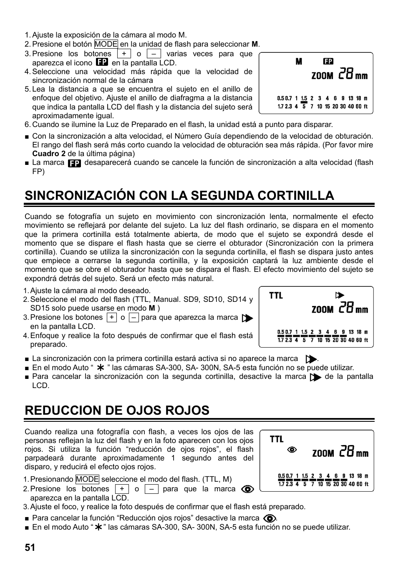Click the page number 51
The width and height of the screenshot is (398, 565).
click(x=30, y=548)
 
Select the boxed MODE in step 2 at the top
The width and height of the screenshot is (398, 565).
click(x=106, y=44)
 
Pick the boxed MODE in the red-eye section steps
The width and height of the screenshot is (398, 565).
click(x=87, y=479)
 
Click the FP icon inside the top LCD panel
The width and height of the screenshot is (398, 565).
click(x=328, y=62)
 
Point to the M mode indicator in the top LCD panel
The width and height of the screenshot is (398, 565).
click(x=299, y=62)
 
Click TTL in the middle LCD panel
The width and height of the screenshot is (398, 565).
click(x=276, y=296)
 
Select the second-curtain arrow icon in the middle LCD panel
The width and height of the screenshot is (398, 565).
click(x=340, y=296)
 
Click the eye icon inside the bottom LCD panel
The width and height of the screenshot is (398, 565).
click(x=292, y=450)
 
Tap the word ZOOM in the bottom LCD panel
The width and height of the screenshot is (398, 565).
click(x=323, y=453)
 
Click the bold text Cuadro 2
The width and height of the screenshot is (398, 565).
click(x=49, y=154)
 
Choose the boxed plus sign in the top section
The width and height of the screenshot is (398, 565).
click(x=124, y=54)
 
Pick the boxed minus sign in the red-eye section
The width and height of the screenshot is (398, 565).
click(x=151, y=489)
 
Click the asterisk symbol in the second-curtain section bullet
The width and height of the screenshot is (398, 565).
click(x=100, y=368)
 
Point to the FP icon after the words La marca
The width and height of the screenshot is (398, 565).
click(x=74, y=163)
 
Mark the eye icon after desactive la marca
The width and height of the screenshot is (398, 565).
click(x=270, y=518)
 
